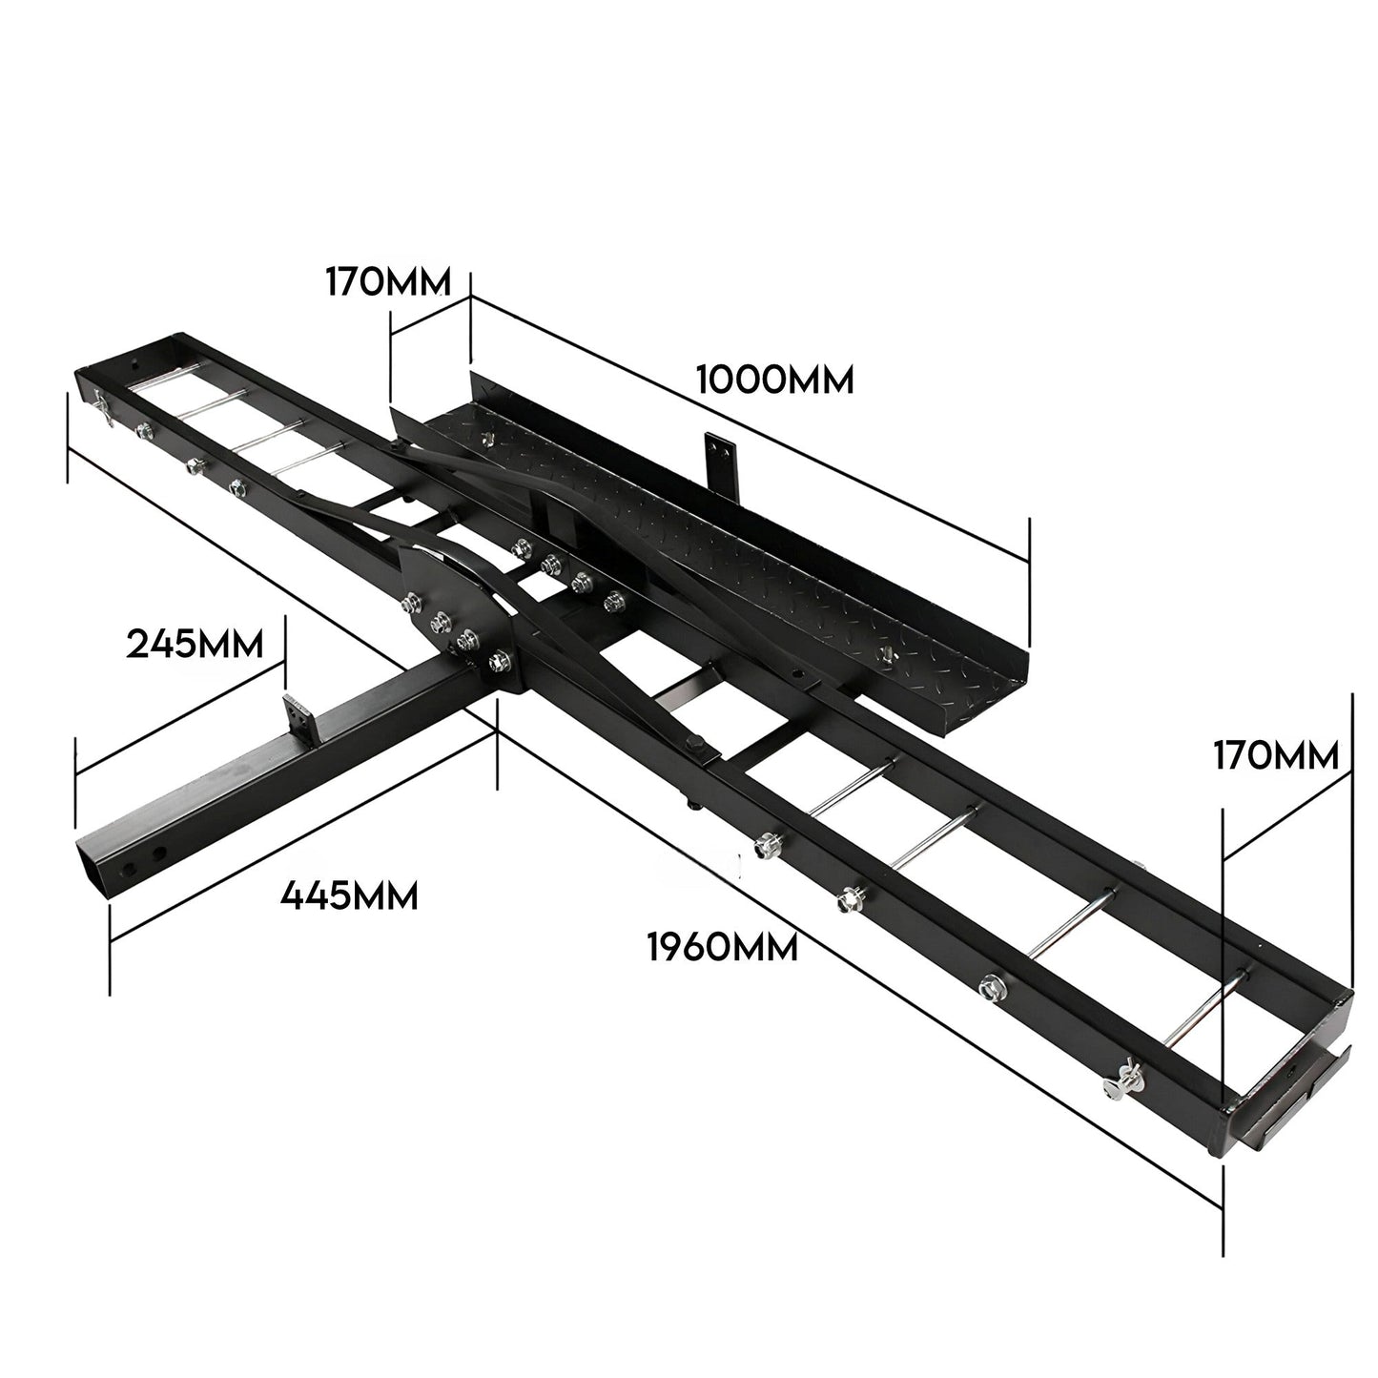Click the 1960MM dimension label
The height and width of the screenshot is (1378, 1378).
[x=722, y=948]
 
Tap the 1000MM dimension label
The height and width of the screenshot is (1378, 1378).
[x=774, y=380]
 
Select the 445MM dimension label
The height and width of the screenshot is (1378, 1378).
[x=349, y=895]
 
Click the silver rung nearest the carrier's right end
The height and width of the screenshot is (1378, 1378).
[x=1206, y=1011]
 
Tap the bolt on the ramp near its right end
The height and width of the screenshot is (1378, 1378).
[x=884, y=653]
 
